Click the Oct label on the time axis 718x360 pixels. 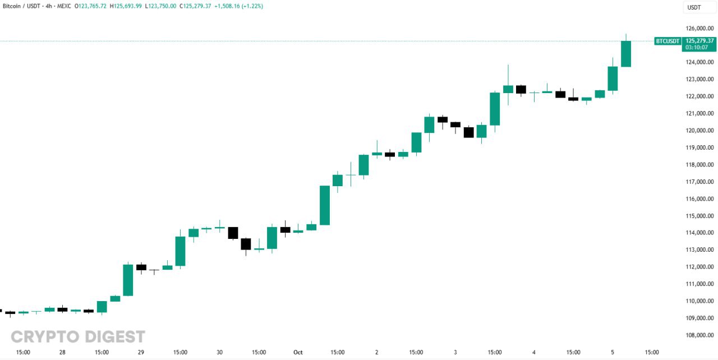point(298,352)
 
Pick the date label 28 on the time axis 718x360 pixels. point(62,352)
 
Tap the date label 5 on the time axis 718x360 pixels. point(612,352)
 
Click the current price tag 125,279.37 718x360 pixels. point(698,40)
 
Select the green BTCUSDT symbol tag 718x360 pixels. point(668,41)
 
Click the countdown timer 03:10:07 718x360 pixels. point(698,48)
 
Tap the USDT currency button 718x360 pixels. point(694,7)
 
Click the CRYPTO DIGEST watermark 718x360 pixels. point(78,336)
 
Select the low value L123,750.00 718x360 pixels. point(160,6)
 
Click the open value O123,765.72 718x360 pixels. point(91,6)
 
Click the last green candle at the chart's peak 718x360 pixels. point(625,54)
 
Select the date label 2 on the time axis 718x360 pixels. point(376,352)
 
